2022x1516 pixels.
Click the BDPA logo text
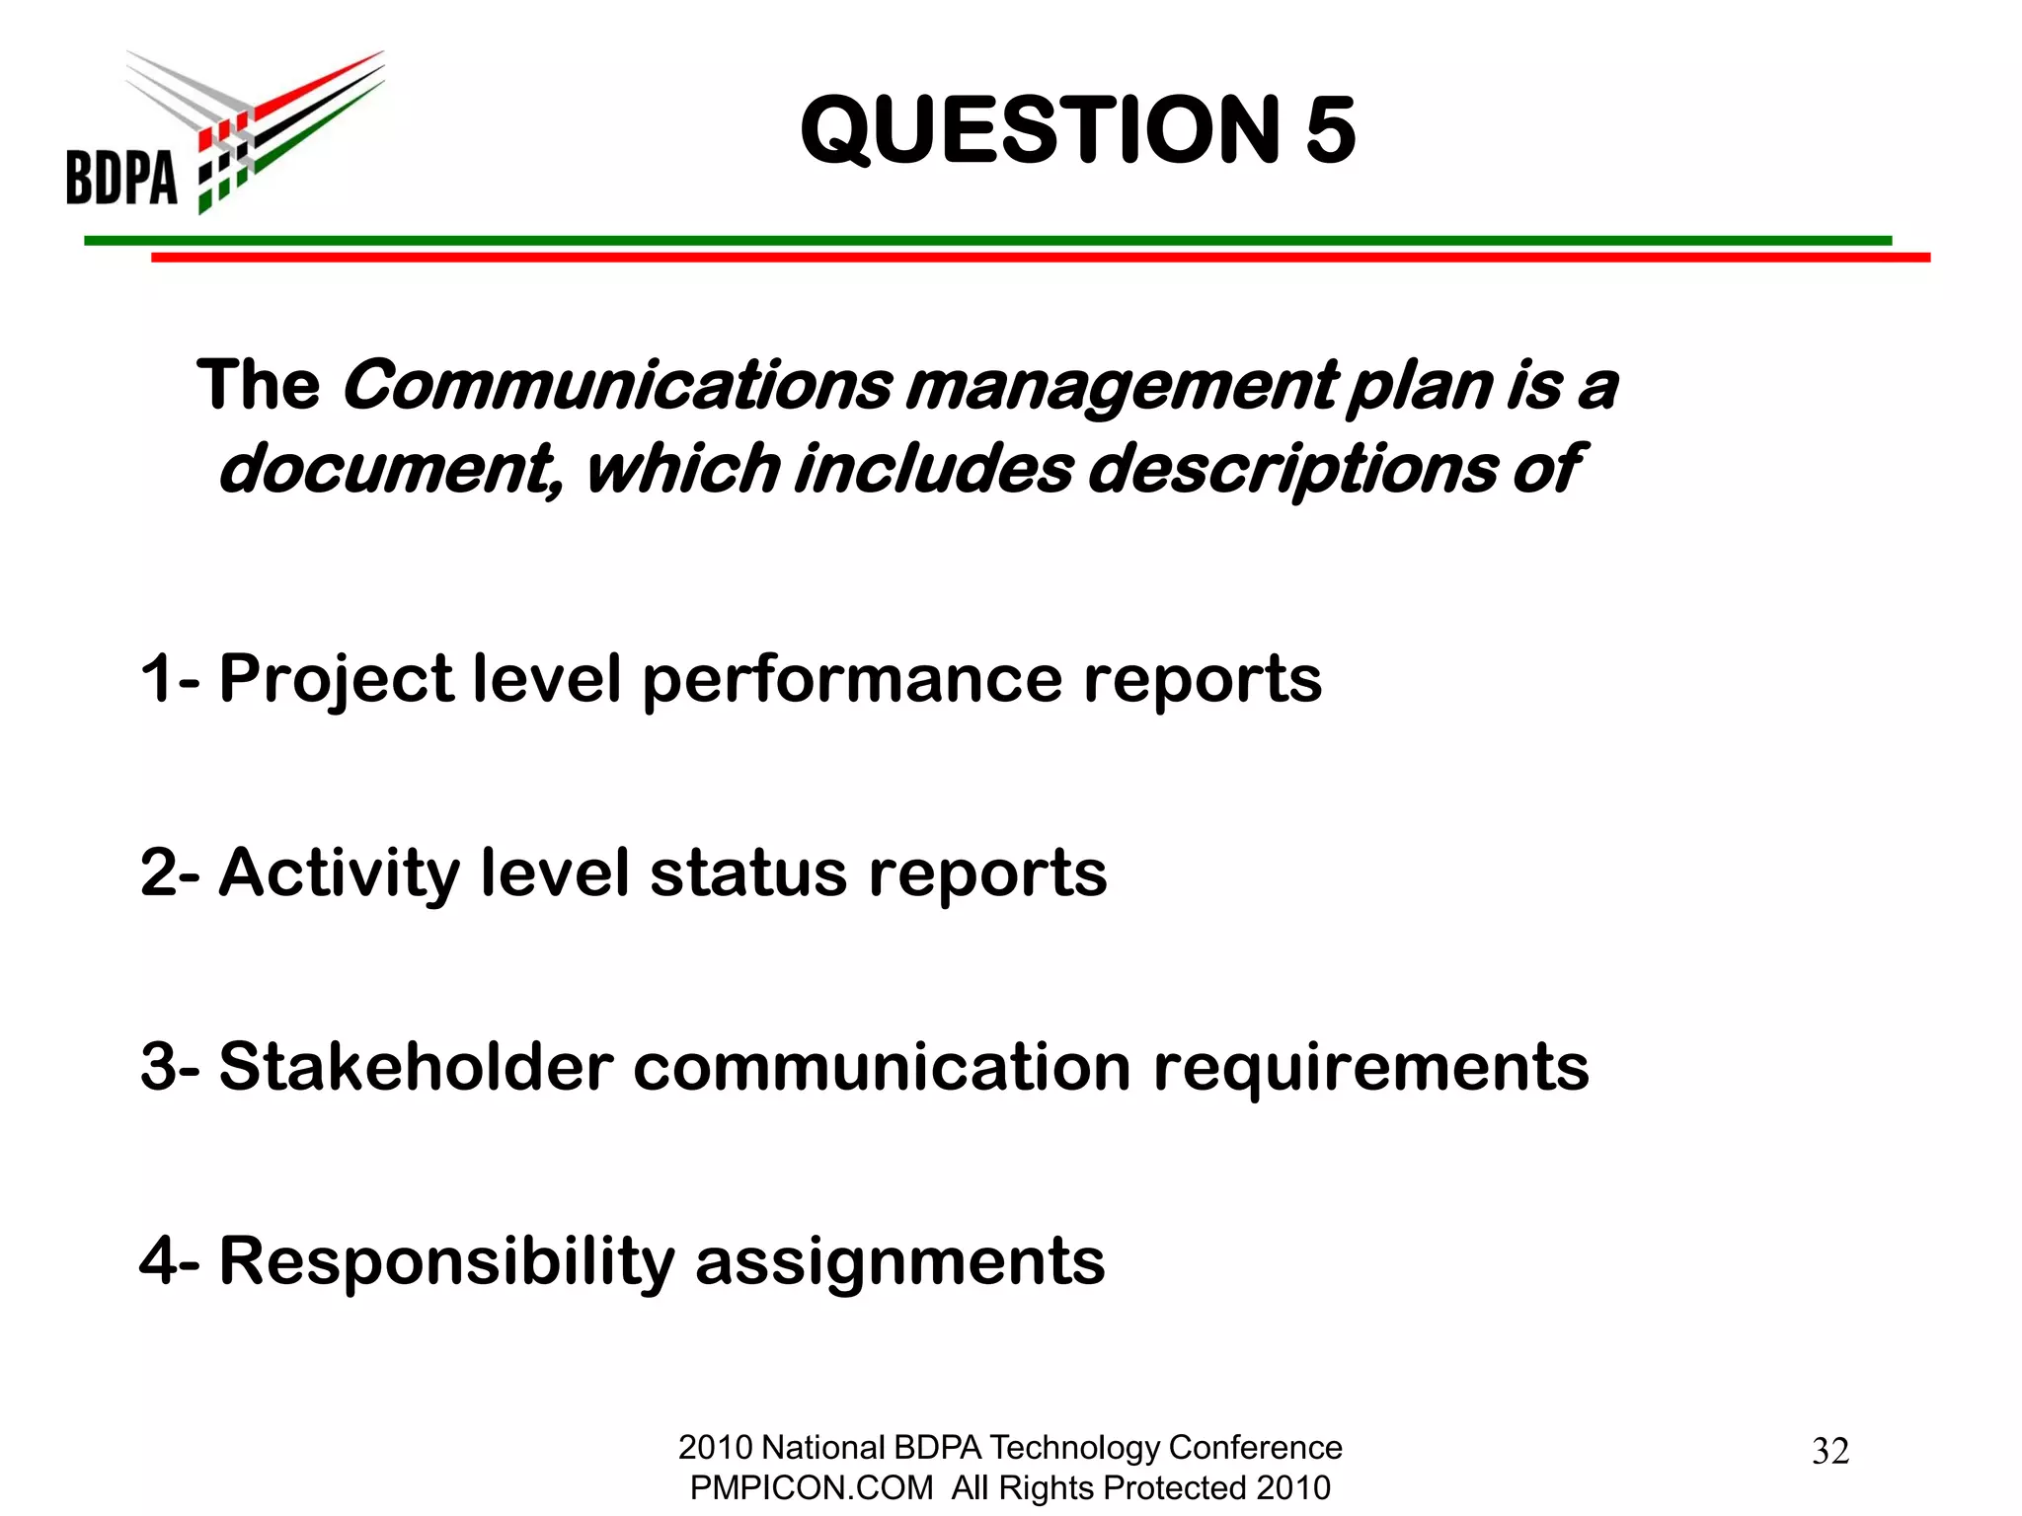(121, 177)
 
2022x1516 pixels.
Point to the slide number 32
(1829, 1451)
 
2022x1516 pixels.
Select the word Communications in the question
(617, 385)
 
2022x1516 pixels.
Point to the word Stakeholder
(416, 1067)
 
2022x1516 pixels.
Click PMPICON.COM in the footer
(811, 1487)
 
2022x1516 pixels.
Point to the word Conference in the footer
(1255, 1447)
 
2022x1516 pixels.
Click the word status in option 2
(748, 872)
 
